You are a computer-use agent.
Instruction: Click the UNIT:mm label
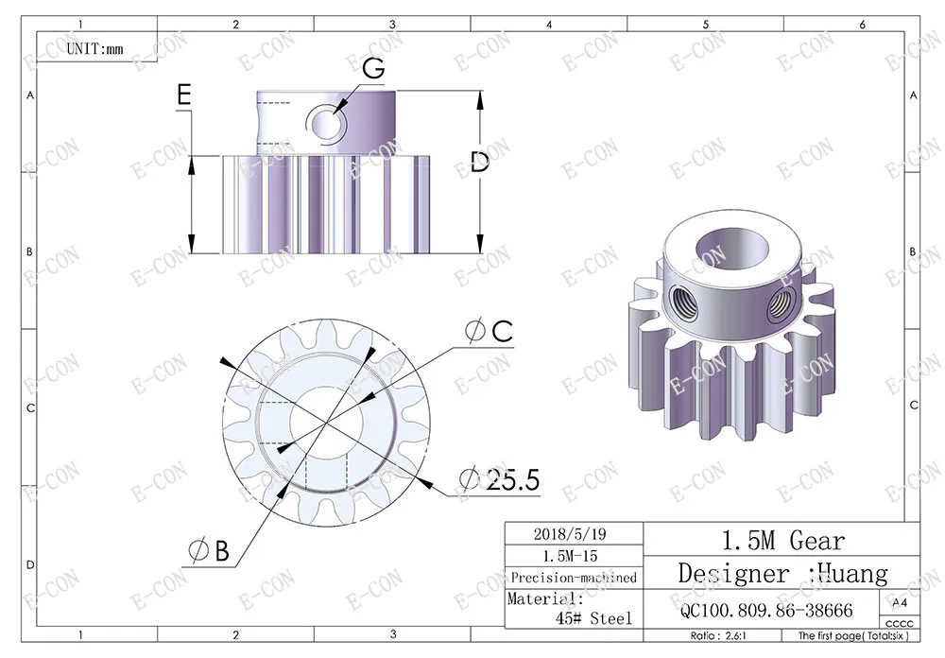94,49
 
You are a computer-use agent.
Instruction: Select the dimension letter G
374,68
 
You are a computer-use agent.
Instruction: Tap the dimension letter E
184,95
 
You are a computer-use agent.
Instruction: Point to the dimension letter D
480,162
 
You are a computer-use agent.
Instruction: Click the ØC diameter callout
489,331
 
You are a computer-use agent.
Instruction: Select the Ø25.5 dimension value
500,479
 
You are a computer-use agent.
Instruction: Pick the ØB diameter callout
209,550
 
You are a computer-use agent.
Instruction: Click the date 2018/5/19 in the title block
570,534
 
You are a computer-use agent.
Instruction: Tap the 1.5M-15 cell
570,556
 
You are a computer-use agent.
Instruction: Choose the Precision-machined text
574,578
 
